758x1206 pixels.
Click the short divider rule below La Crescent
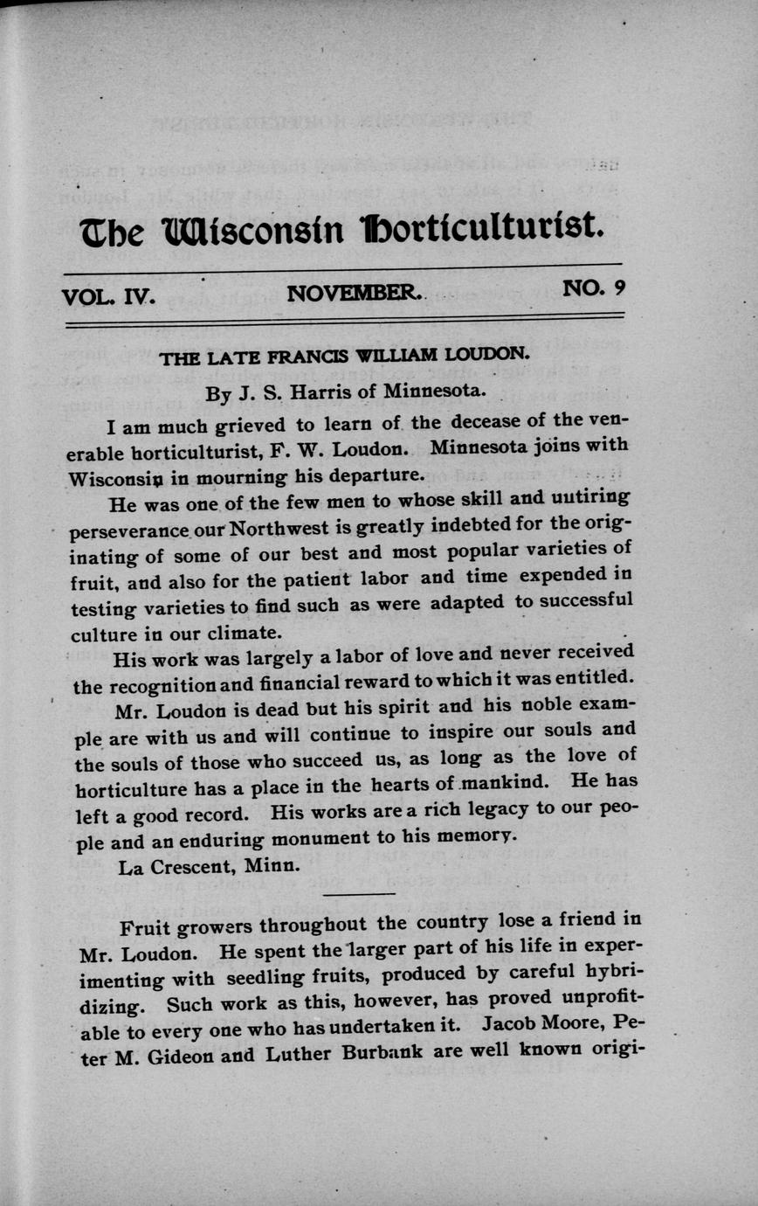tap(358, 894)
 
